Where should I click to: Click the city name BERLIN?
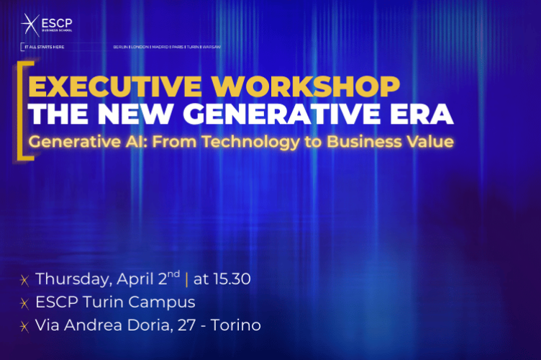[x=122, y=47]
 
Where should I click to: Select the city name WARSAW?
[x=212, y=47]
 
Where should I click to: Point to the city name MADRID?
[x=160, y=47]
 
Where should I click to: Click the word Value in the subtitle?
[x=432, y=142]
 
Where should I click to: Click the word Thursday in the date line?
[x=71, y=279]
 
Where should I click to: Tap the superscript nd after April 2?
[x=174, y=274]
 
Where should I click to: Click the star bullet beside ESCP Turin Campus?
[x=24, y=303]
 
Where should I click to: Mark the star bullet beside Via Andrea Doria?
[x=24, y=326]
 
